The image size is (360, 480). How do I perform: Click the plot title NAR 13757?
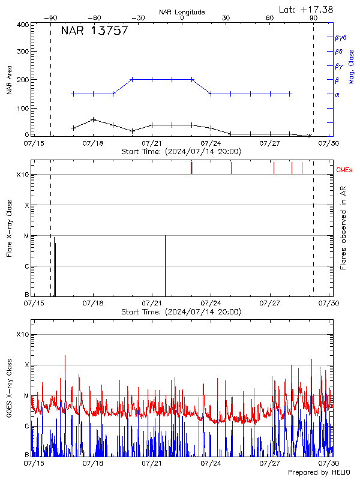94,31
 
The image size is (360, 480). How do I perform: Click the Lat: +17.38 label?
306,9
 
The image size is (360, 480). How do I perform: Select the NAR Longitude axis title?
182,12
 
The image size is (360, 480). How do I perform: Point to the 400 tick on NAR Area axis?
23,25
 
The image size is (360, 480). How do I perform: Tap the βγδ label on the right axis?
340,37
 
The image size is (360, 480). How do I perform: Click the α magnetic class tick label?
337,94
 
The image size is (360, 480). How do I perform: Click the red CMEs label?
344,170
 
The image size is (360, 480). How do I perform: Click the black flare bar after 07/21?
165,266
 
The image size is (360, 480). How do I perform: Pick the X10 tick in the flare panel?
23,175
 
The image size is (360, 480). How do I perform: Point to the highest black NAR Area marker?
93,119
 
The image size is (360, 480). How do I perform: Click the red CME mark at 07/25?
231,167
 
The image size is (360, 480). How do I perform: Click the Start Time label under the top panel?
181,152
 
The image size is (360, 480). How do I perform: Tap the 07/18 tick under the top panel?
93,143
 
